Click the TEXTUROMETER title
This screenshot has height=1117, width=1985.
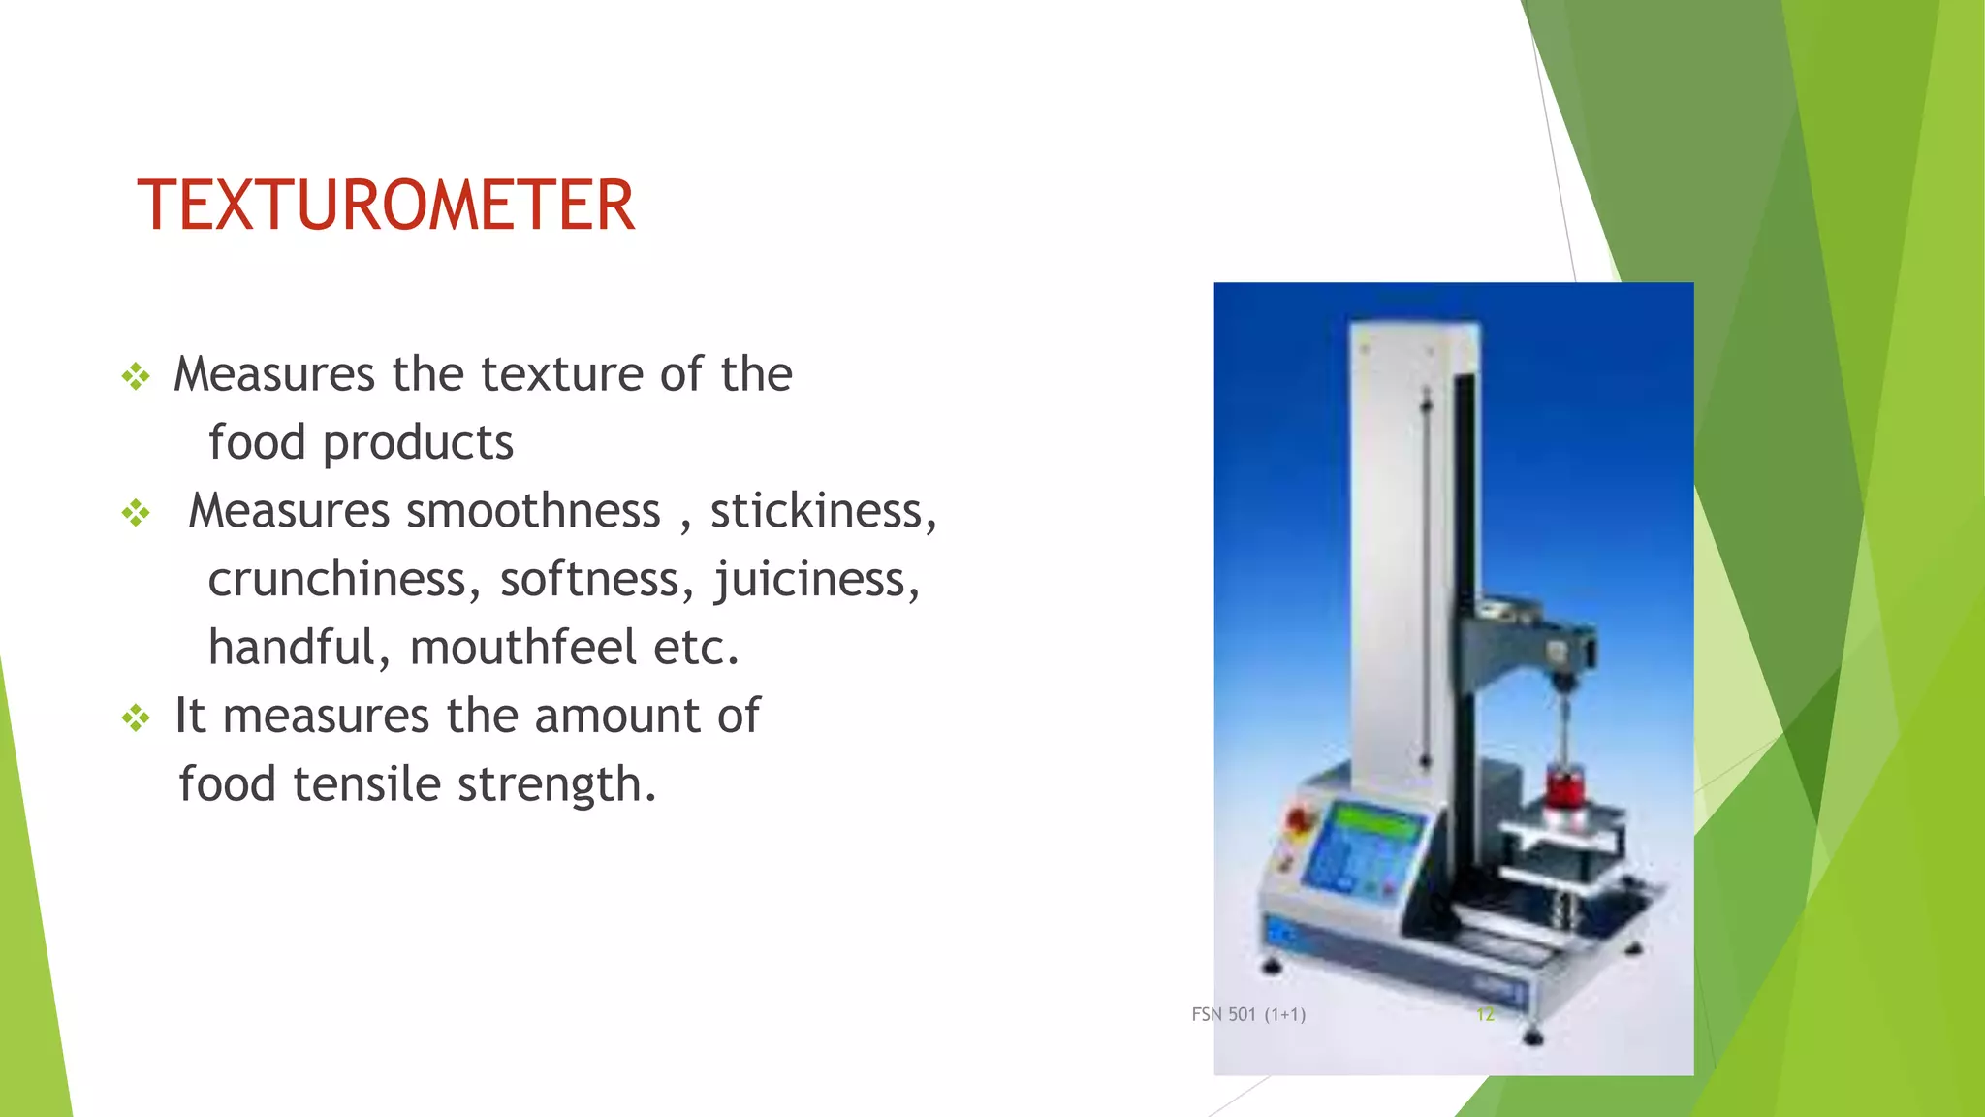(386, 206)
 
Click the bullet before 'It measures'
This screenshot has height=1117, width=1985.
(136, 718)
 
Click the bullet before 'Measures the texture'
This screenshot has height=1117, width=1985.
(136, 376)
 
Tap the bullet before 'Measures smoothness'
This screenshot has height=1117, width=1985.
(136, 513)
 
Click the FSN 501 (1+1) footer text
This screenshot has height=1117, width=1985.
(1248, 1015)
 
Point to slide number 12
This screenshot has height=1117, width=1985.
(1485, 1015)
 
